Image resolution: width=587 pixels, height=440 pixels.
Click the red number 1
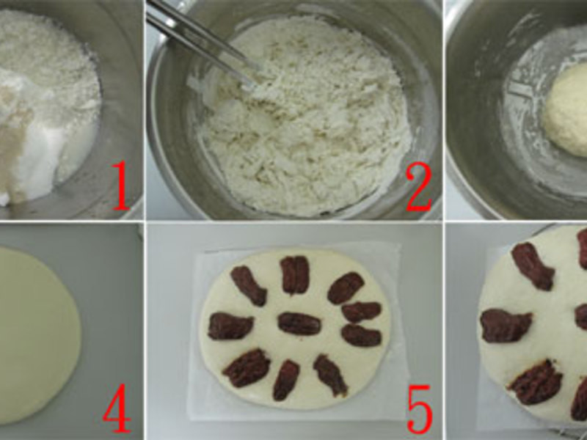pyautogui.click(x=120, y=186)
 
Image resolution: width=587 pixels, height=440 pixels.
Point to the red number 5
pyautogui.click(x=419, y=409)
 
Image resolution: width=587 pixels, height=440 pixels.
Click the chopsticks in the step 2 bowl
pyautogui.click(x=203, y=41)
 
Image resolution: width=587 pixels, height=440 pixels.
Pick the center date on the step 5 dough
pyautogui.click(x=299, y=323)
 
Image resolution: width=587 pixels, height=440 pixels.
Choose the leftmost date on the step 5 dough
pyautogui.click(x=230, y=326)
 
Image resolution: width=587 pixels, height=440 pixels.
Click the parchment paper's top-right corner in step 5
pyautogui.click(x=400, y=243)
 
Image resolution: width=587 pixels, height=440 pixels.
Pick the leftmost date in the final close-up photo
pyautogui.click(x=506, y=326)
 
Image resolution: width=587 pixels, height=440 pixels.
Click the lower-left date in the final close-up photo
pyautogui.click(x=536, y=381)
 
